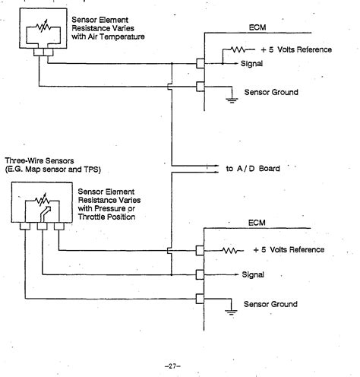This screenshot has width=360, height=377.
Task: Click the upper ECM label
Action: click(257, 27)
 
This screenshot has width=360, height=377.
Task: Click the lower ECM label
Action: click(257, 224)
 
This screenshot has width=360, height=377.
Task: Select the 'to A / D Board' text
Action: click(253, 169)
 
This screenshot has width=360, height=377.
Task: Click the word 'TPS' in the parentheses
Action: click(92, 169)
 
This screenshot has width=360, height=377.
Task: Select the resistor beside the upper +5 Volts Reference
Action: click(229, 50)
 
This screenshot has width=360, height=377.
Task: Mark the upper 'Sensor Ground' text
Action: click(269, 92)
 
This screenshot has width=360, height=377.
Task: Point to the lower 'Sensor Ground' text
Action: click(269, 303)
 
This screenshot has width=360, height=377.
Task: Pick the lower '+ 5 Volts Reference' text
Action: click(289, 249)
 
